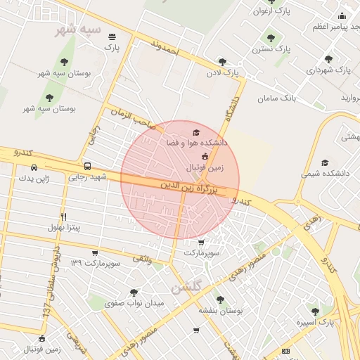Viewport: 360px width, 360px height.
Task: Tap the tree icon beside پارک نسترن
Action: (271, 38)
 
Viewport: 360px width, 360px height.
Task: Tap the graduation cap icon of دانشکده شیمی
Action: (324, 162)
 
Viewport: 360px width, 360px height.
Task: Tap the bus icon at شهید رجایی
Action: (87, 167)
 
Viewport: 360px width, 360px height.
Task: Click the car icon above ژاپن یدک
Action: (34, 168)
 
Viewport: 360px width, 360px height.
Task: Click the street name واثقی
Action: (142, 259)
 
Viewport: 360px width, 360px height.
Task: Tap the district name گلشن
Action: (186, 288)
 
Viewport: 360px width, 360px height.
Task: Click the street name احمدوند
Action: (166, 48)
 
